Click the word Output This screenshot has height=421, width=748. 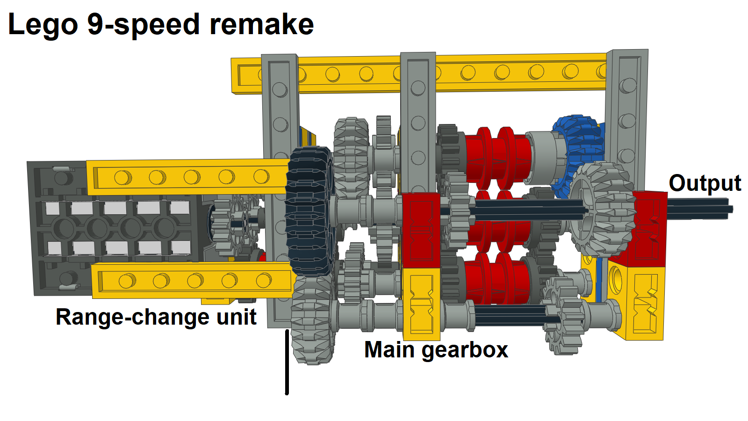[x=705, y=183]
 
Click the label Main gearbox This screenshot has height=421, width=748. [x=436, y=350]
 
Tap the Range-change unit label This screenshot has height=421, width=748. [x=156, y=317]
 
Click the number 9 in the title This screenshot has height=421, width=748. [x=95, y=24]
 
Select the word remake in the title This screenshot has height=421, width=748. [x=261, y=24]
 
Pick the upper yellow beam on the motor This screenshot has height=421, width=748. [x=187, y=177]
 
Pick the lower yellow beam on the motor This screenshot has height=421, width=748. [x=192, y=281]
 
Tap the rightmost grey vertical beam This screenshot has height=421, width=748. [x=626, y=108]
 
